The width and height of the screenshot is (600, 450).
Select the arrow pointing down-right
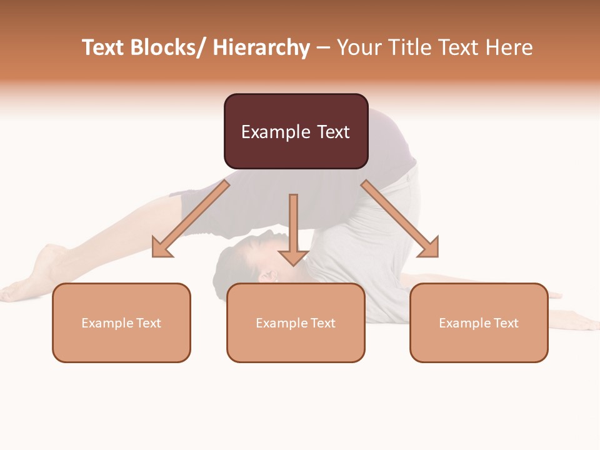[x=400, y=219]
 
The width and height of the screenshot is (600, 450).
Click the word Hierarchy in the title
[x=261, y=48]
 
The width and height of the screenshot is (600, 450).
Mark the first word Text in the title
[x=104, y=48]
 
